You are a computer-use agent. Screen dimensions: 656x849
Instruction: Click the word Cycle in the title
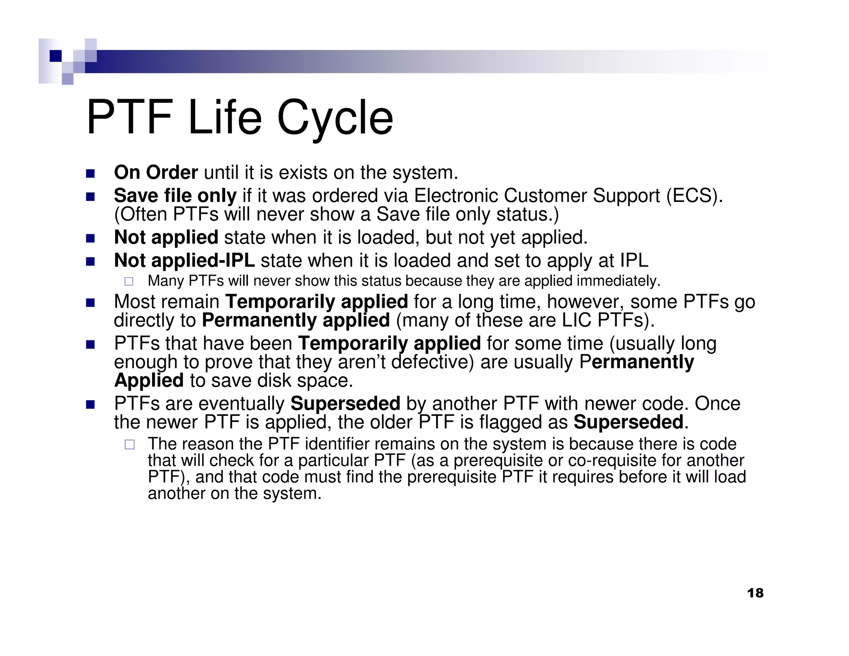point(335,118)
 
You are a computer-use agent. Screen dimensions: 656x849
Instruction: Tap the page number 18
point(755,593)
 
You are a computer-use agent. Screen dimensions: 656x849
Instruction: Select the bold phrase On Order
point(156,173)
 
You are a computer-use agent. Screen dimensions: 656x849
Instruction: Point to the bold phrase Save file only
point(175,196)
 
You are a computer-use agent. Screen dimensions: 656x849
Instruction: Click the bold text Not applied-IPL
point(184,260)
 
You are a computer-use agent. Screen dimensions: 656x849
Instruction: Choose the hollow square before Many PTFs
point(129,282)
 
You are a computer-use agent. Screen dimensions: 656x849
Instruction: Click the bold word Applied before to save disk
point(149,380)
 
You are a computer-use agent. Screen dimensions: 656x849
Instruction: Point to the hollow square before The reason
point(129,445)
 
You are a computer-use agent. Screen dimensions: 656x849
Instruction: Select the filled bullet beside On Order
point(90,173)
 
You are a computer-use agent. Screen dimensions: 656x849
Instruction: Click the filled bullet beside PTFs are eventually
point(90,404)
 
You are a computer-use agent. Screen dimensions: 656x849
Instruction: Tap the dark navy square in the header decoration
point(56,56)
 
